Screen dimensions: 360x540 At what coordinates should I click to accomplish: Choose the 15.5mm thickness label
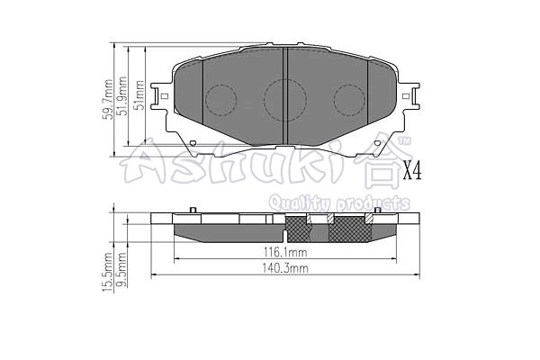coord(108,272)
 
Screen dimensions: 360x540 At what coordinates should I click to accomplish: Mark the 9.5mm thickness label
coord(122,274)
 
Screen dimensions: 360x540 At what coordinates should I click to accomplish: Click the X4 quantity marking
coord(411,170)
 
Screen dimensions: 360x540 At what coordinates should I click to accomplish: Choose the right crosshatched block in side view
coord(350,230)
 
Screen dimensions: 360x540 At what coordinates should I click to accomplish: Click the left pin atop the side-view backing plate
coord(193,211)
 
